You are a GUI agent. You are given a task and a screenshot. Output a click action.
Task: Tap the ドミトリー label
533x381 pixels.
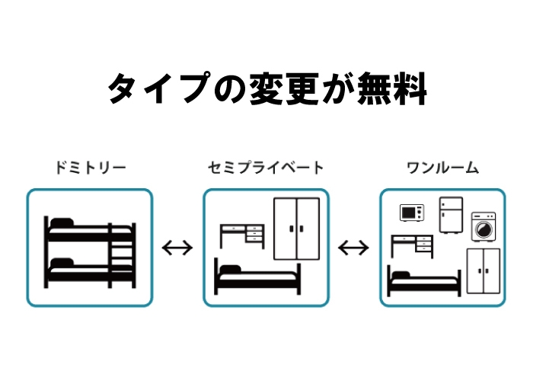pos(90,167)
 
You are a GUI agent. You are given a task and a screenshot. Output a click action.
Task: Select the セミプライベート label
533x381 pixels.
pos(266,167)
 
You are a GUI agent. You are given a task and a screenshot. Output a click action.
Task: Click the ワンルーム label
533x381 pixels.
pos(442,167)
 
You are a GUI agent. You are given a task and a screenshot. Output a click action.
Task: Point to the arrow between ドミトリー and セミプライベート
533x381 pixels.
pos(178,248)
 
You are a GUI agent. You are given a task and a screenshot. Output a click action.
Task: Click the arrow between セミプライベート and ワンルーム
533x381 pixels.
pos(354,248)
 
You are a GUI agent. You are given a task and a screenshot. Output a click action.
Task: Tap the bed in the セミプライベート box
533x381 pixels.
pos(259,277)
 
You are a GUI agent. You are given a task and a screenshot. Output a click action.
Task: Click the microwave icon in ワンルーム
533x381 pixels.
pos(412,213)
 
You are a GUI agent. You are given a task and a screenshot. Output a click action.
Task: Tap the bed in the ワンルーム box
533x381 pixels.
pos(424,282)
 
